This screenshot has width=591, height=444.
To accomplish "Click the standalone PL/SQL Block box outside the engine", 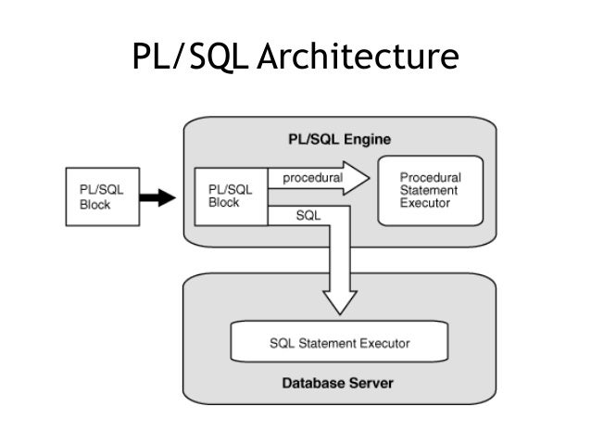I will pyautogui.click(x=102, y=196).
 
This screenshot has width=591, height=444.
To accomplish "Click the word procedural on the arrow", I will pyautogui.click(x=312, y=176).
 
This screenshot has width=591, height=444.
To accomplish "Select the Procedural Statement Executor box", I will pyautogui.click(x=430, y=190).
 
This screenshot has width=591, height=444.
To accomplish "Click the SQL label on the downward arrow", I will pyautogui.click(x=308, y=216).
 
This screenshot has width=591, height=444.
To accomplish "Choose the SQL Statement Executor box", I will pyautogui.click(x=338, y=342).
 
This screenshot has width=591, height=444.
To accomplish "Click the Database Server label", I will pyautogui.click(x=338, y=382).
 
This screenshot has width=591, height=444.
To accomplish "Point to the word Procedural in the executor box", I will pyautogui.click(x=430, y=176).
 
